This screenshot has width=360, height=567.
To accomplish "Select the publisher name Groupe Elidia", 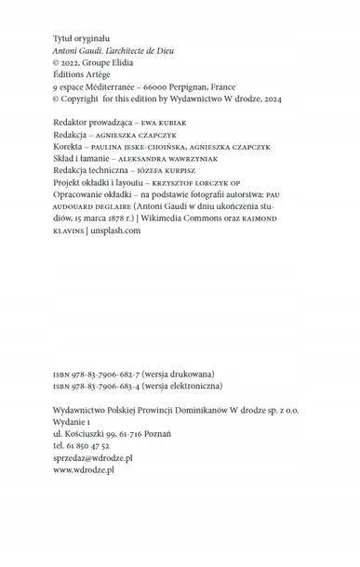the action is click(123, 65).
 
